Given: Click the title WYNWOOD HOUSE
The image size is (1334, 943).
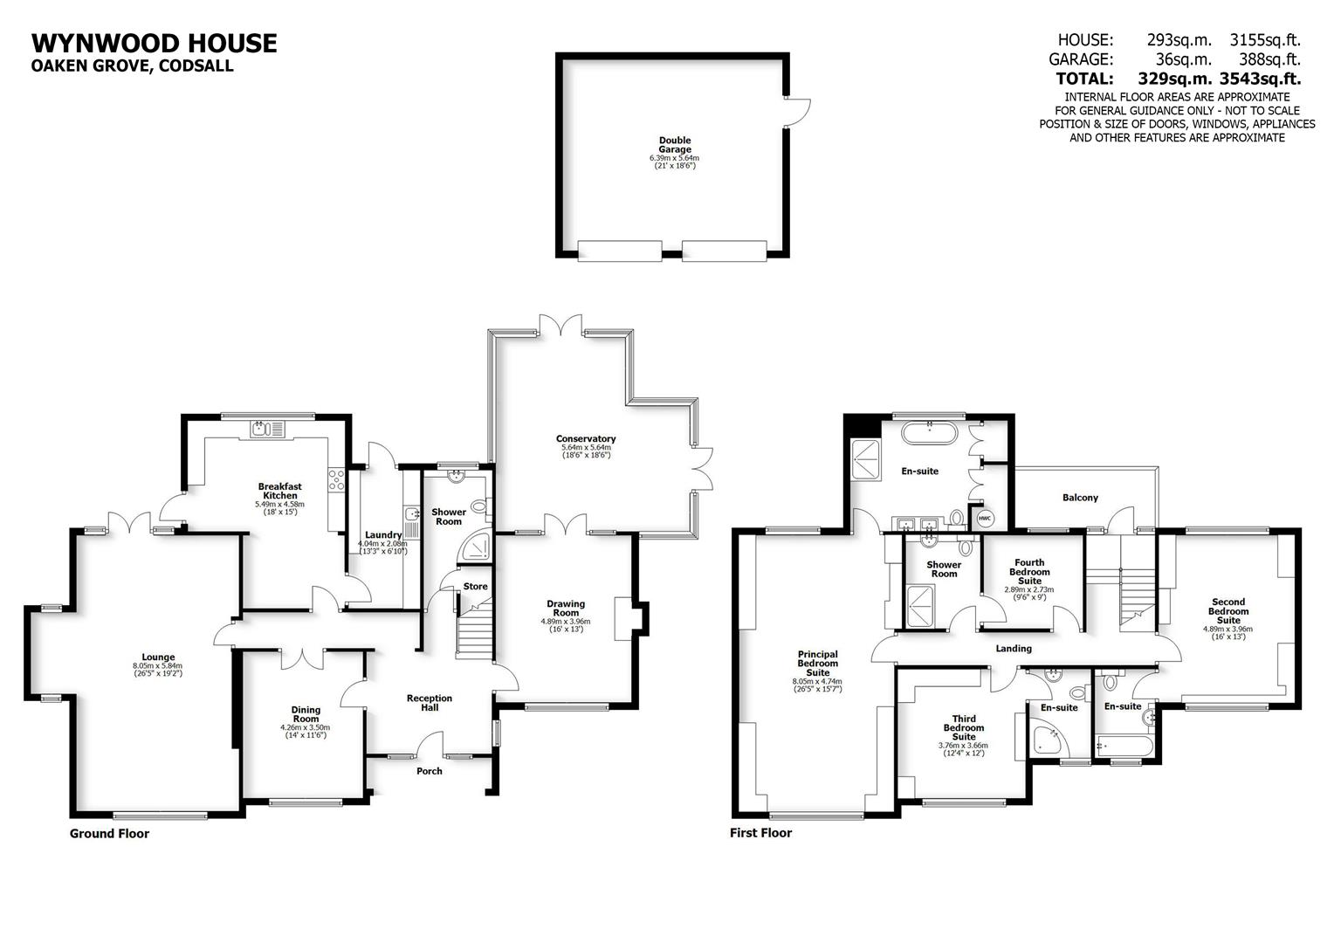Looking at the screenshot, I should pyautogui.click(x=154, y=44).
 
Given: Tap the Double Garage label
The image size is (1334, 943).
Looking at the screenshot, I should pyautogui.click(x=674, y=145).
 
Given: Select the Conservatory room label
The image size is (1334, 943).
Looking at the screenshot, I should pyautogui.click(x=586, y=439).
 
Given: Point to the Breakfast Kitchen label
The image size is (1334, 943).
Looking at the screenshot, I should pyautogui.click(x=279, y=491).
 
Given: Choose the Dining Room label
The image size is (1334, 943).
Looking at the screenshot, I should pyautogui.click(x=306, y=714).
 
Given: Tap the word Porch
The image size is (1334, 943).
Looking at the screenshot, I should pyautogui.click(x=430, y=771).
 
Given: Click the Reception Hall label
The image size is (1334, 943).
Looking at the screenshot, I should pyautogui.click(x=430, y=702).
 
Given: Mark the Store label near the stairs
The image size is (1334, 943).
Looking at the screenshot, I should pyautogui.click(x=476, y=587).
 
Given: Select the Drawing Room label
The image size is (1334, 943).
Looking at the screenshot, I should pyautogui.click(x=566, y=608).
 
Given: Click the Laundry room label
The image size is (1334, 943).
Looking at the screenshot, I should pyautogui.click(x=383, y=535).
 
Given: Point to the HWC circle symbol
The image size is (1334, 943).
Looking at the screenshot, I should pyautogui.click(x=985, y=519).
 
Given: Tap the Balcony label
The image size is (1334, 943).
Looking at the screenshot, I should pyautogui.click(x=1080, y=498).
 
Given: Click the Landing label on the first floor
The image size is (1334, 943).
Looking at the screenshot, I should pyautogui.click(x=1014, y=649).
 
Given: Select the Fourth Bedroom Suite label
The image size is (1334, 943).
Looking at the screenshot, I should pyautogui.click(x=1029, y=572).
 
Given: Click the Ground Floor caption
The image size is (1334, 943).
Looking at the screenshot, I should pyautogui.click(x=109, y=834).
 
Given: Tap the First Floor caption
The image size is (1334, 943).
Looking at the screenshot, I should pyautogui.click(x=760, y=833).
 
